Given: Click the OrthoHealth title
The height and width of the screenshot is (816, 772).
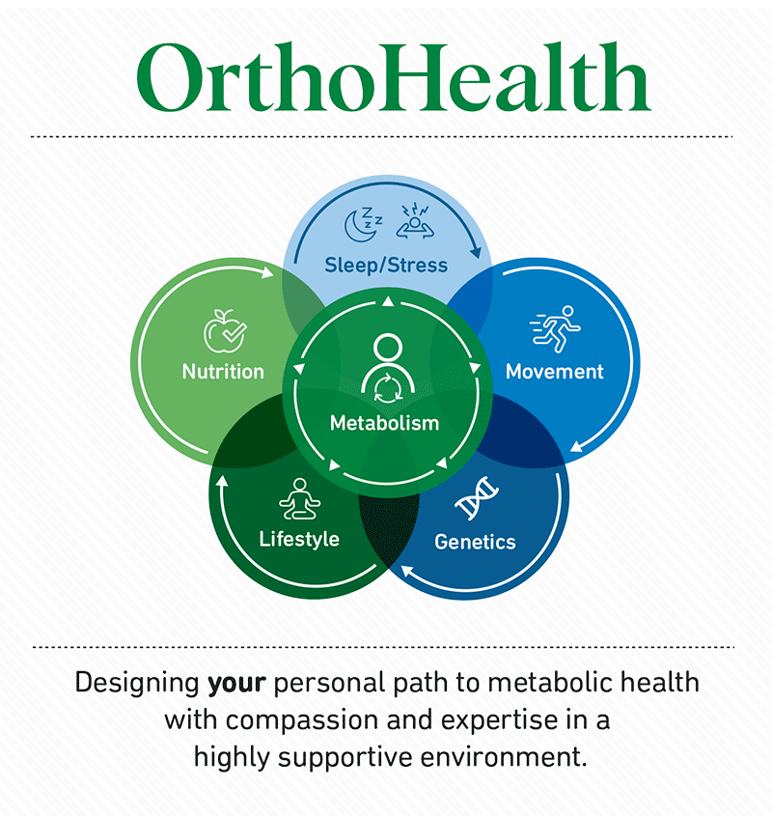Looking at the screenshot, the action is pos(394,77).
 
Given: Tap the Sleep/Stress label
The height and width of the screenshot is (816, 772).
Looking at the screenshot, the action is pos(386,266).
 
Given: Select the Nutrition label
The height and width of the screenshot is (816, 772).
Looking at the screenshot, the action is pos(223,372).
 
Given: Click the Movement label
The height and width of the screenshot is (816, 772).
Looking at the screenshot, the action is pos(555,372).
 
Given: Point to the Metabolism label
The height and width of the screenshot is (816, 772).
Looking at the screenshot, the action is pos(385,423).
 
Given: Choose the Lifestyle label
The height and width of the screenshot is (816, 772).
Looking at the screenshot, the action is pos(299,539).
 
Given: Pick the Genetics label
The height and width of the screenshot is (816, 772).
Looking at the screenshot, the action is pos(475,543).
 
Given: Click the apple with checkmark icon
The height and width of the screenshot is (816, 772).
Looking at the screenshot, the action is pos(225,330).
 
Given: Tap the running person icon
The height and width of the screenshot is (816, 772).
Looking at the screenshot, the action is pos(555,329).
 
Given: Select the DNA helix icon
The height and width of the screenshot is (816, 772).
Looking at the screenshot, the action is pos(477,498).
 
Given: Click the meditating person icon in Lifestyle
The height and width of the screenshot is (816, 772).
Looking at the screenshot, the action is pos(300,499).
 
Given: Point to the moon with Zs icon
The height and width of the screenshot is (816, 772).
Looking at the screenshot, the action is pos(363,224).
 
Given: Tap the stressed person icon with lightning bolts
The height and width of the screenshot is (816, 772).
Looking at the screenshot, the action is pos(415,222).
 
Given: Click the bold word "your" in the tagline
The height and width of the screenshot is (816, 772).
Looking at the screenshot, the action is pos(236,684).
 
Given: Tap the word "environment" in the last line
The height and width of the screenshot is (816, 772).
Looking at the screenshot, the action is pos(504,757).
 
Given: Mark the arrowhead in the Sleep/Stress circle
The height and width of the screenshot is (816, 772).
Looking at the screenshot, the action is pos(476,252).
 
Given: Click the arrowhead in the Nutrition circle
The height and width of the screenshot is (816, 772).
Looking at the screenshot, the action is pos(267,272).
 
